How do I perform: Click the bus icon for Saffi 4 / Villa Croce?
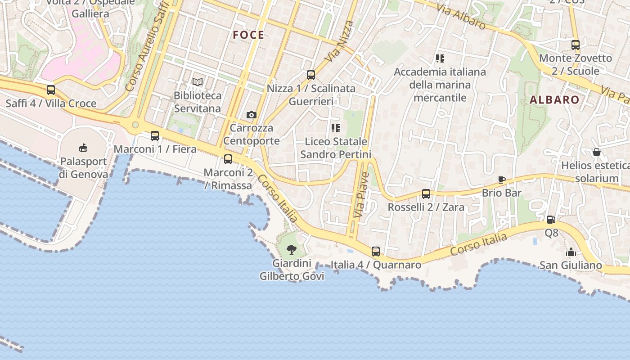pyautogui.click(x=51, y=90)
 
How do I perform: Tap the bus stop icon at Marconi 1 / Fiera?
pyautogui.click(x=155, y=135)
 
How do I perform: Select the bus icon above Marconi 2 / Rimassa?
pyautogui.click(x=228, y=159)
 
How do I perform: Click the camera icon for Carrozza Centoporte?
pyautogui.click(x=252, y=115)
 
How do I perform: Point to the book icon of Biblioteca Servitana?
pyautogui.click(x=198, y=82)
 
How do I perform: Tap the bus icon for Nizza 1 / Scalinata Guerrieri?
pyautogui.click(x=311, y=75)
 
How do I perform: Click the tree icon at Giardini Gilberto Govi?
pyautogui.click(x=292, y=249)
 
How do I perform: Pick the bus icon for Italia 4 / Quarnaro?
pyautogui.click(x=376, y=252)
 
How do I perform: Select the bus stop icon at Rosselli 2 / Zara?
pyautogui.click(x=426, y=194)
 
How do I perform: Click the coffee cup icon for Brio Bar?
pyautogui.click(x=502, y=180)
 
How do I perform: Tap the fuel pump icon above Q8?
pyautogui.click(x=551, y=220)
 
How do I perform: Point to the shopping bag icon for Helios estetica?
pyautogui.click(x=597, y=152)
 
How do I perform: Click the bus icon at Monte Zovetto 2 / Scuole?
pyautogui.click(x=576, y=45)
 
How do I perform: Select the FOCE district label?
pyautogui.click(x=248, y=35)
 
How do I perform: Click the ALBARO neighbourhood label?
pyautogui.click(x=554, y=100)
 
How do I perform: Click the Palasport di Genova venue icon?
pyautogui.click(x=83, y=147)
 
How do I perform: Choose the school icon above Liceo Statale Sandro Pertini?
pyautogui.click(x=336, y=128)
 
